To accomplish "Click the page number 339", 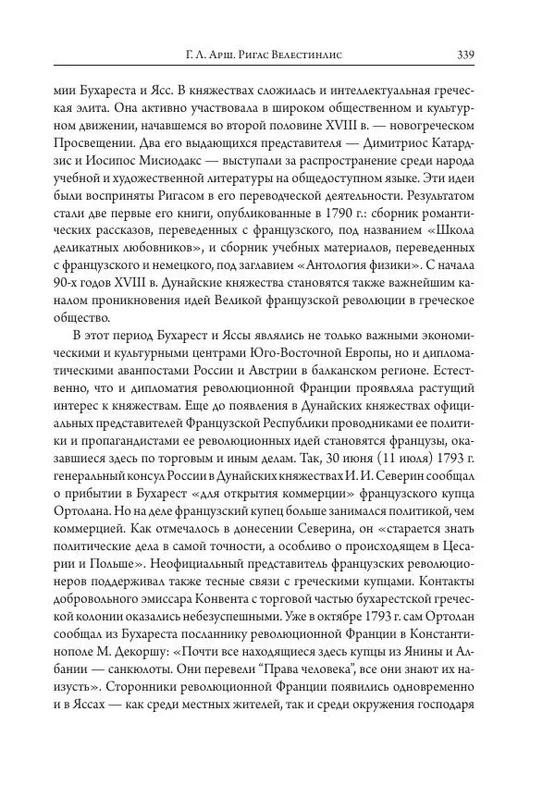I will click(465, 54).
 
